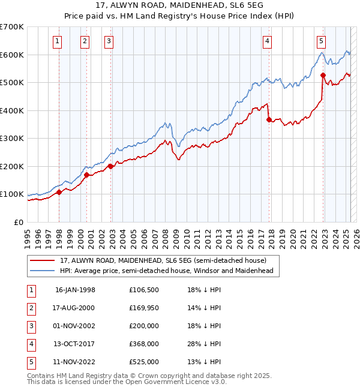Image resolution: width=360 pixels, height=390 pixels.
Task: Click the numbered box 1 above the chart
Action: pos(56,41)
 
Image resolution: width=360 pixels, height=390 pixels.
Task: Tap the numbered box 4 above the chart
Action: pos(266,41)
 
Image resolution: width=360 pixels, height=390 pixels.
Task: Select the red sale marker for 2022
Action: pos(323,75)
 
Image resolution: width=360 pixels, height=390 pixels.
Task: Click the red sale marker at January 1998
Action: pos(59,193)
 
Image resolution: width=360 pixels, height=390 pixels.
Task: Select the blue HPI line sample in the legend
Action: pos(42,271)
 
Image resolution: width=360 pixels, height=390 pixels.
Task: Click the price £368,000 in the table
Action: pos(144,344)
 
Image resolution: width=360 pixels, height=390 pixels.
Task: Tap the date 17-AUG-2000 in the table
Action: pos(75,308)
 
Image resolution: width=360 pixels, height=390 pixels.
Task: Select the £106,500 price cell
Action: pos(144,290)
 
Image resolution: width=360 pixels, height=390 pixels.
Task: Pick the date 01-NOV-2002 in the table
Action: pos(75,326)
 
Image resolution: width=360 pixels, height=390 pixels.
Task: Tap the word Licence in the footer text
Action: pos(190,381)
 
